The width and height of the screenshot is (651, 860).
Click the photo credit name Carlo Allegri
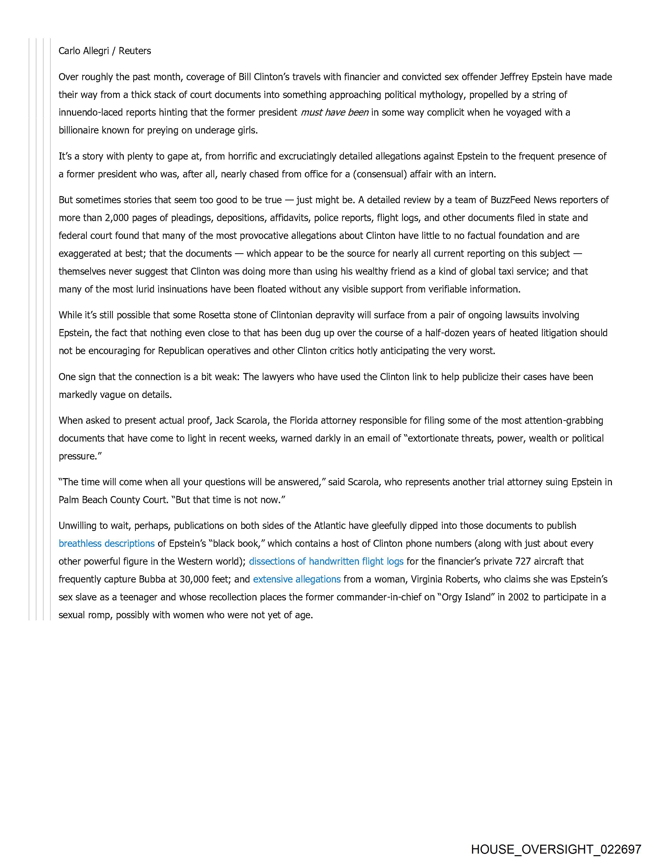(83, 51)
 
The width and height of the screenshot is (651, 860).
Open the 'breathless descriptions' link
(106, 543)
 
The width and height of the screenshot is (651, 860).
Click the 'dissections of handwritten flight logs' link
(326, 561)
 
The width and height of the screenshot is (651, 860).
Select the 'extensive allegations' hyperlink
(297, 579)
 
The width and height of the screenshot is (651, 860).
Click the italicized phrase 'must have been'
(334, 112)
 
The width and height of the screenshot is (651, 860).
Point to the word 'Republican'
(181, 351)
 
